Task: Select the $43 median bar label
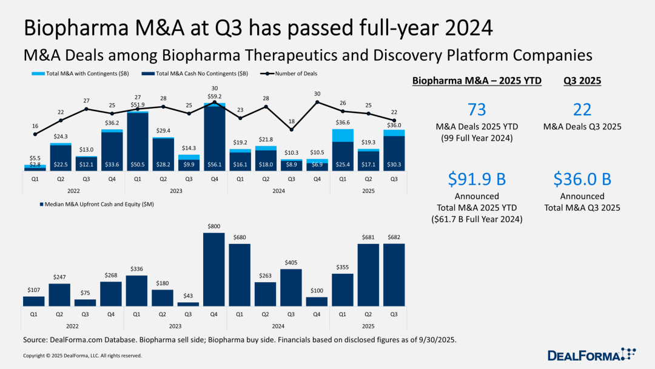point(189,296)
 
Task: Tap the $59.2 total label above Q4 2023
point(214,95)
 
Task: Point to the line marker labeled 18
point(291,129)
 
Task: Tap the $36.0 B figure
point(582,179)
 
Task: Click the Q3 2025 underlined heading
point(582,81)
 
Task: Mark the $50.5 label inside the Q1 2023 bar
point(138,164)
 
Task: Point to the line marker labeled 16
point(35,134)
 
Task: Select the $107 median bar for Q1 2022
point(34,301)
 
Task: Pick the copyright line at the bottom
point(82,356)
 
